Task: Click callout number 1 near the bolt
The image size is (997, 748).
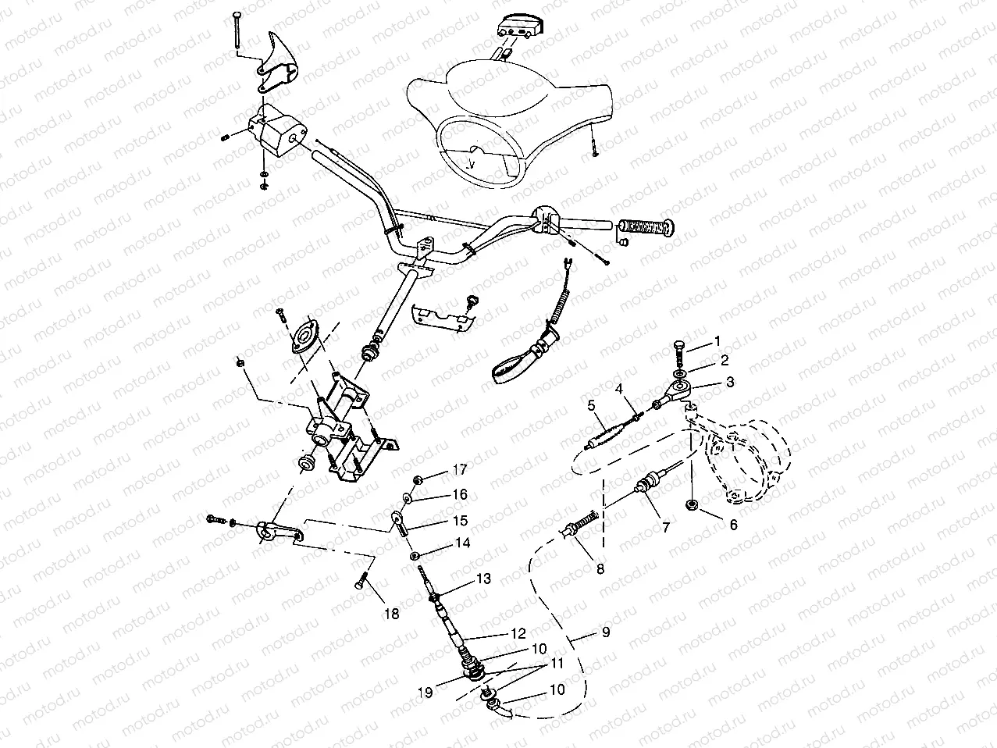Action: [717, 342]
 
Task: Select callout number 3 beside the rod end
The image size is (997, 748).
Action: [730, 383]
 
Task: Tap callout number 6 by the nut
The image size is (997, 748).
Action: [733, 525]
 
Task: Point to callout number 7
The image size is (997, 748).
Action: [665, 528]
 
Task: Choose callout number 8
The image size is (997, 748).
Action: [600, 569]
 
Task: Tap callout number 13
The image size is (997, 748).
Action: [484, 579]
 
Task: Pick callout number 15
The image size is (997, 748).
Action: [461, 520]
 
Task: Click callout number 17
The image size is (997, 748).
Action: [459, 470]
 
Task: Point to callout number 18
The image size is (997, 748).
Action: [391, 614]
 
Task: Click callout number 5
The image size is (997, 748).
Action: [592, 404]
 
